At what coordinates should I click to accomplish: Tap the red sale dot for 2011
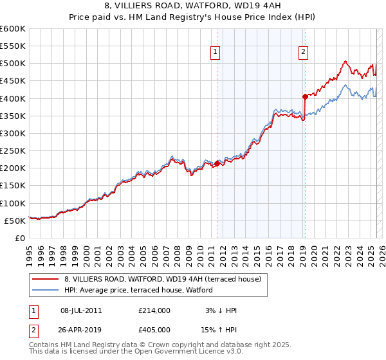(217, 163)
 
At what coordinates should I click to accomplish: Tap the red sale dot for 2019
(305, 96)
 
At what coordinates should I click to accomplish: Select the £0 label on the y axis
(20, 238)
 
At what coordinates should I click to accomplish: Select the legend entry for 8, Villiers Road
(162, 279)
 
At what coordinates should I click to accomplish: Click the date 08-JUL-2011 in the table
(86, 310)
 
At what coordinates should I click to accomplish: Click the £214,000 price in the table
(154, 310)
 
